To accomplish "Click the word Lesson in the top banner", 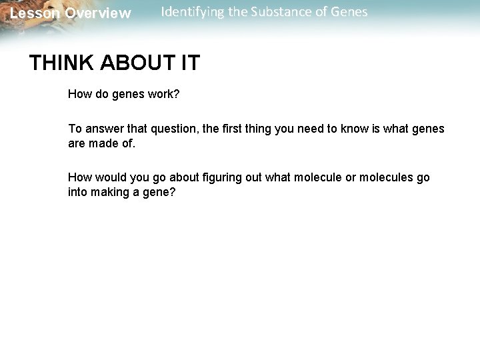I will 35,13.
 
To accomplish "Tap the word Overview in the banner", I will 98,13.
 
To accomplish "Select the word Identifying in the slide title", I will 191,12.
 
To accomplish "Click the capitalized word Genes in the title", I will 348,12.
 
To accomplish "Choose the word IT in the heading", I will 189,63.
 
